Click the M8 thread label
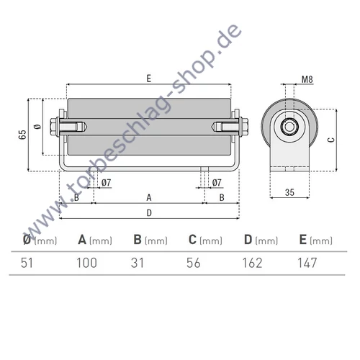click(x=307, y=79)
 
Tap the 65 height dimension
click(x=22, y=135)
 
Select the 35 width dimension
click(x=289, y=192)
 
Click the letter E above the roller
click(x=149, y=78)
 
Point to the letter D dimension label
click(x=149, y=213)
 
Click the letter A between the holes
click(x=149, y=198)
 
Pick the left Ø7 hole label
click(x=106, y=183)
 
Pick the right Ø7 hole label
click(x=217, y=183)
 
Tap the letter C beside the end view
click(x=331, y=140)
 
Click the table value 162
click(x=252, y=263)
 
